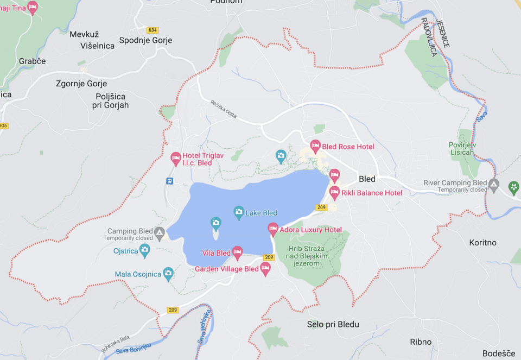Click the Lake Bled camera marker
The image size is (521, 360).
click(238, 212)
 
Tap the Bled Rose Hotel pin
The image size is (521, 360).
click(315, 146)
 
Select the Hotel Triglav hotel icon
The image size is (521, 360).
click(175, 158)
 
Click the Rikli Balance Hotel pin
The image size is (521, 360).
click(334, 192)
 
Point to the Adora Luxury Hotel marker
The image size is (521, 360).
click(273, 229)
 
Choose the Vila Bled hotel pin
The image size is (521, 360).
click(237, 252)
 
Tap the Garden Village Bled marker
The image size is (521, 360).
click(265, 268)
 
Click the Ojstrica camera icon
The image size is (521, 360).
click(144, 250)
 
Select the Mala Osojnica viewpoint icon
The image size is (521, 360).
click(168, 274)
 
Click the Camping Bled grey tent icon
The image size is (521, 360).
click(159, 234)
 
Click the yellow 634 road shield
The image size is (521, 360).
click(153, 30)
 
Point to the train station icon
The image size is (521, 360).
click(170, 181)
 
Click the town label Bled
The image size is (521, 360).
click(367, 179)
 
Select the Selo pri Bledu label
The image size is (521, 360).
click(333, 325)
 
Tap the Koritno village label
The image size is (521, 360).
click(482, 243)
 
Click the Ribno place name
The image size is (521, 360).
click(421, 342)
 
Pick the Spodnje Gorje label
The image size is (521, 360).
click(145, 40)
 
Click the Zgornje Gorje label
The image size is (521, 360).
click(81, 84)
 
